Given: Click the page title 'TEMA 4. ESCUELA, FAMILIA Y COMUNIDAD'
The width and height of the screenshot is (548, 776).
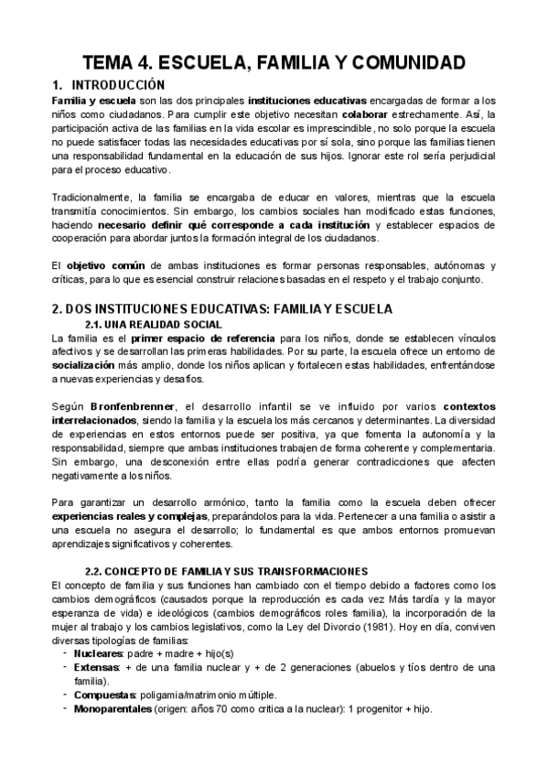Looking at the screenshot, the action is pyautogui.click(x=274, y=62).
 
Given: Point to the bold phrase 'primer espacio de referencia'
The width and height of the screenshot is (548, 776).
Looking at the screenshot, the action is pyautogui.click(x=196, y=338).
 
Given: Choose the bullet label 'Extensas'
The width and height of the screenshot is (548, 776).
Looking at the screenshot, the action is pyautogui.click(x=96, y=667).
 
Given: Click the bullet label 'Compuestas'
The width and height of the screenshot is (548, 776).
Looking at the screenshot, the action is pyautogui.click(x=104, y=695).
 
